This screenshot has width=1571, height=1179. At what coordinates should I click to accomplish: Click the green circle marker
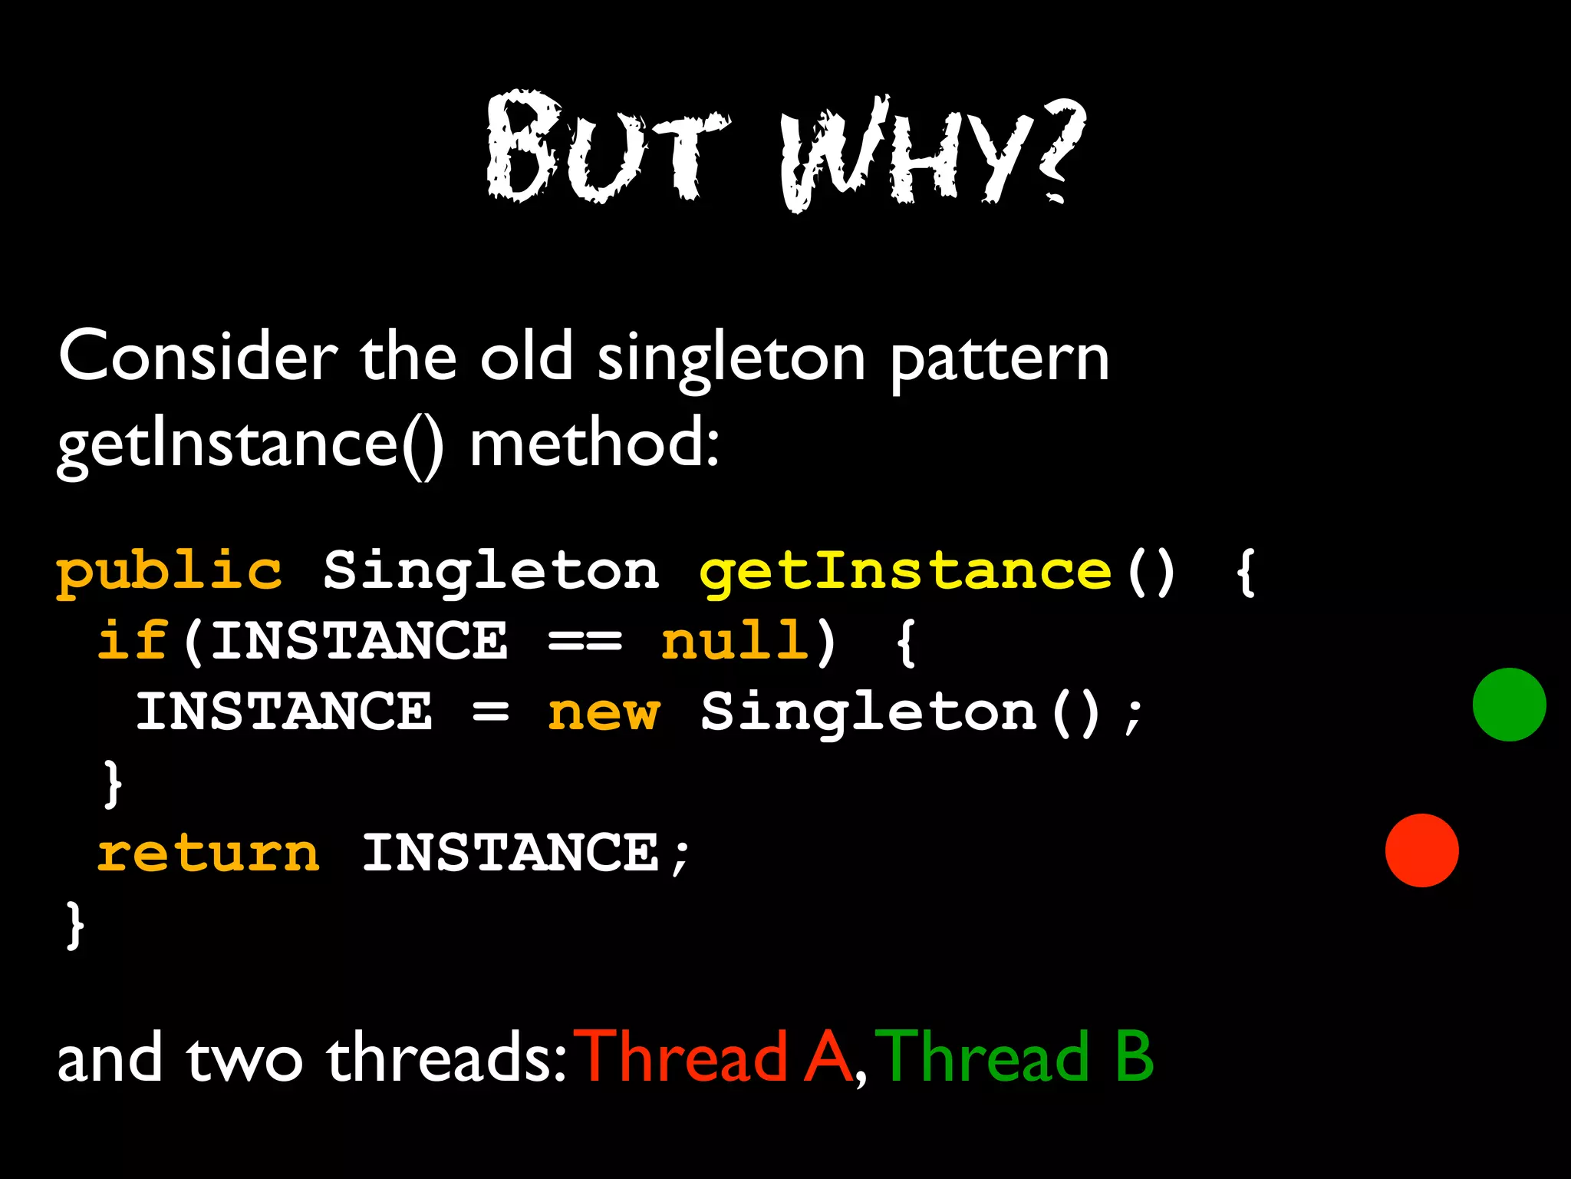(1509, 705)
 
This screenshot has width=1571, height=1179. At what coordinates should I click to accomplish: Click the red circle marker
(1421, 850)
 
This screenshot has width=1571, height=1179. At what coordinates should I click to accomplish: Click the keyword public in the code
(170, 573)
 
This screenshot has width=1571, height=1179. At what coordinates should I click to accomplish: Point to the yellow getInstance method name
(905, 573)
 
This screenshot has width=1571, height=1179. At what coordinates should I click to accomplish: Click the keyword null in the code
(735, 642)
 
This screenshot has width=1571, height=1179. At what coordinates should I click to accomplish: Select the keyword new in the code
(604, 712)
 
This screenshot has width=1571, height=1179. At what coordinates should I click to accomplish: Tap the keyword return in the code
(209, 854)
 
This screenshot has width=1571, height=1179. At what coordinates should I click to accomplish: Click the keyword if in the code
(132, 640)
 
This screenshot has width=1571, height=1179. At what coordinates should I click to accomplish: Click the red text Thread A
(716, 1058)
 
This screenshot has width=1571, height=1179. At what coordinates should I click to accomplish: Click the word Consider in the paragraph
(198, 356)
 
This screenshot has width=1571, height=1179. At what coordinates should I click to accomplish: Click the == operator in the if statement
(585, 642)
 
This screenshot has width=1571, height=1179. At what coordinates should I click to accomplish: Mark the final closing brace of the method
(74, 924)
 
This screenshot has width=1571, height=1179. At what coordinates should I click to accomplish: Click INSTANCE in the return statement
(510, 854)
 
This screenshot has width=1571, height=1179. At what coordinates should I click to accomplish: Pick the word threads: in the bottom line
(446, 1058)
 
